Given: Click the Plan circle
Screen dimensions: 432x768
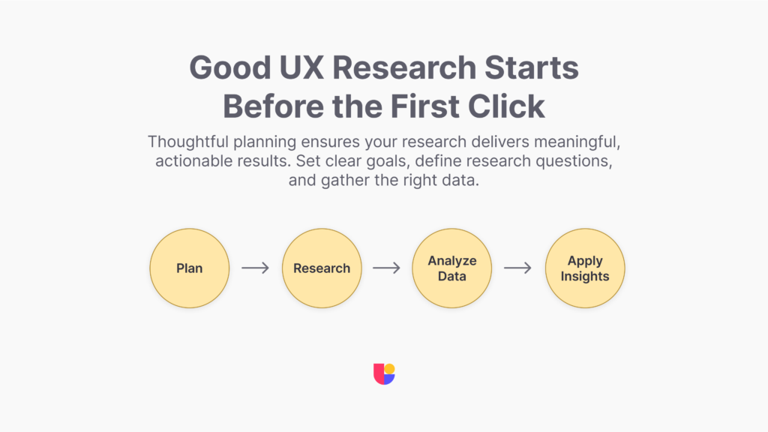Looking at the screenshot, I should coord(190,268).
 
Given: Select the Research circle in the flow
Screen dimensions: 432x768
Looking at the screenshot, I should coord(322,268).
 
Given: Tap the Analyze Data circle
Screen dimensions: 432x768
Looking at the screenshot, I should coord(452,268).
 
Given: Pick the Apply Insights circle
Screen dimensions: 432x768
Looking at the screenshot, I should coord(584,268).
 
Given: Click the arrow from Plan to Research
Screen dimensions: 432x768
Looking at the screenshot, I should coord(255,268).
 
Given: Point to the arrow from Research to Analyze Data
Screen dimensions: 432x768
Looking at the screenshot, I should coord(387,268).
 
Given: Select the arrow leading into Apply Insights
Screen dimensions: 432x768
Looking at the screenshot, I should coord(518,268).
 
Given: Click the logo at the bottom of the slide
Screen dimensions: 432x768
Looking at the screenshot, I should coord(384,373).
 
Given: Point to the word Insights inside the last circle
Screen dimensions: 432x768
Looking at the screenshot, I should coord(584,276).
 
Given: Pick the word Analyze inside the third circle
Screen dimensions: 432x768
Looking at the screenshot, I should coord(452,261).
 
